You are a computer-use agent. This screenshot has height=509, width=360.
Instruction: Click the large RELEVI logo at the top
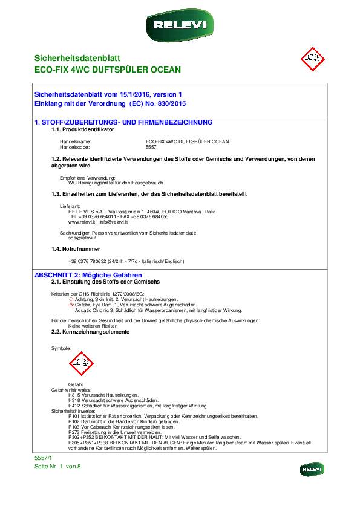(x=180, y=25)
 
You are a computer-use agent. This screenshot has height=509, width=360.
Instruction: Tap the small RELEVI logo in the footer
(x=312, y=469)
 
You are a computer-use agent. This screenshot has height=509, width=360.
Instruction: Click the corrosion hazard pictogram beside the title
(x=312, y=59)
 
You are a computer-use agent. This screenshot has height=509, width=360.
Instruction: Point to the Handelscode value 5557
(x=151, y=147)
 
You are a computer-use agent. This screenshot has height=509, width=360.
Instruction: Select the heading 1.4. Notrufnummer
(x=76, y=249)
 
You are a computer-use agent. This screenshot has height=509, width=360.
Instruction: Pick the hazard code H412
(x=74, y=406)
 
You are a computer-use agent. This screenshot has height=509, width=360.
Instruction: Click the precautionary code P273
(x=74, y=432)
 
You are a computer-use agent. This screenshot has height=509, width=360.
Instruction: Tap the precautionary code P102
(x=74, y=421)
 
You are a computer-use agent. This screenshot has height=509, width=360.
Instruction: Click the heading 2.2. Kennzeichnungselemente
(x=90, y=332)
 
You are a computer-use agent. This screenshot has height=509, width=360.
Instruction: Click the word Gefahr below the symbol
(x=76, y=384)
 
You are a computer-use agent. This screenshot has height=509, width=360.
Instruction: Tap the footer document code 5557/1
(x=44, y=459)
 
